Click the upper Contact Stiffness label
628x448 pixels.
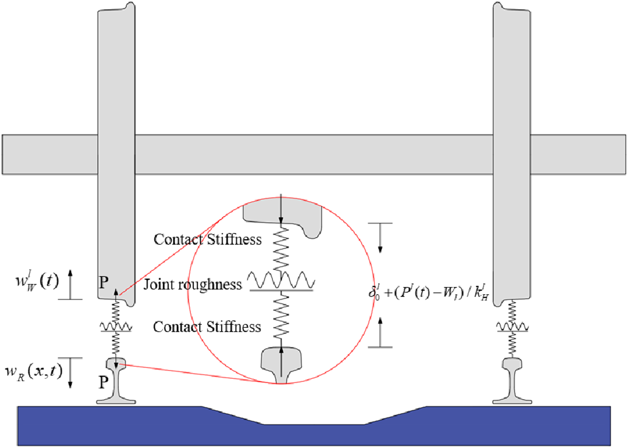click(x=207, y=240)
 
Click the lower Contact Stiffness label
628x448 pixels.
click(x=207, y=327)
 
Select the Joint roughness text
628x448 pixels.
click(x=193, y=284)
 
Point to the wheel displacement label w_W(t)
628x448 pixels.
click(x=37, y=282)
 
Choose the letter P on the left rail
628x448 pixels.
click(x=103, y=382)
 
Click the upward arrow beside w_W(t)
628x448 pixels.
click(x=70, y=284)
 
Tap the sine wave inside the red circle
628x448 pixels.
click(x=281, y=280)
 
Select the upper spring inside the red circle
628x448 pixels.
click(x=281, y=249)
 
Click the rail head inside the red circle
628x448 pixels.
click(x=281, y=358)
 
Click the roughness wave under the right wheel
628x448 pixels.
click(x=512, y=327)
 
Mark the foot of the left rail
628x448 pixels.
click(x=116, y=401)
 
